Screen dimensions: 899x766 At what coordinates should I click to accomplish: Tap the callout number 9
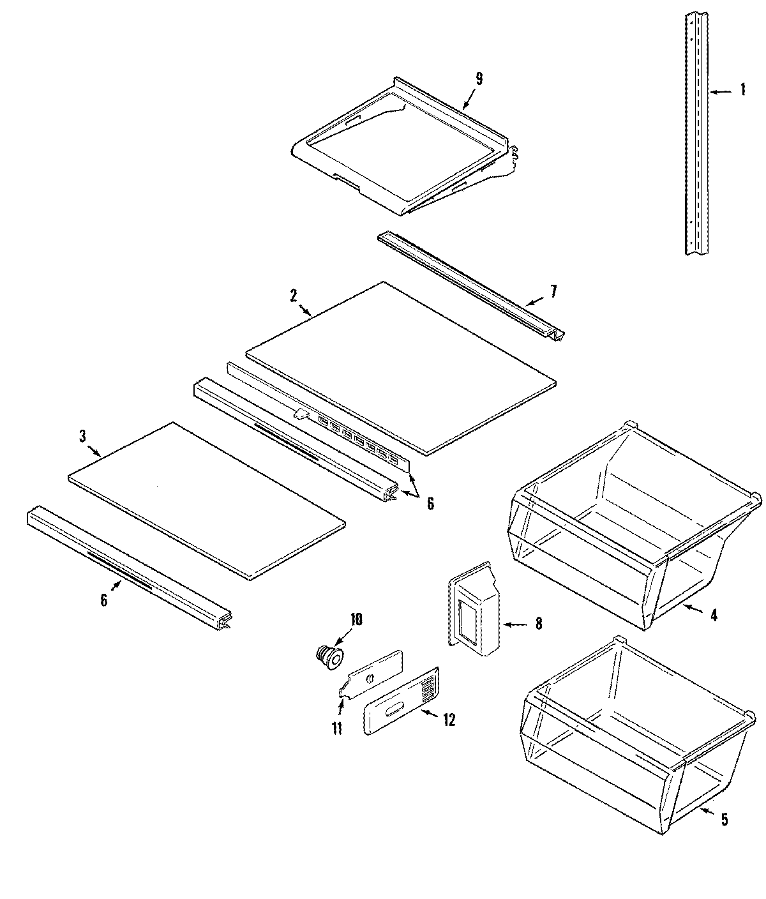[479, 79]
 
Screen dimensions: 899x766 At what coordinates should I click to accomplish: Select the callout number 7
[553, 292]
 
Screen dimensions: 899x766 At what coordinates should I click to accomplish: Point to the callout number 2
[293, 296]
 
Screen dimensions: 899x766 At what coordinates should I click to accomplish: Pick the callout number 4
[714, 616]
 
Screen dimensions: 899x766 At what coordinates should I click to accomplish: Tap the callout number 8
[538, 624]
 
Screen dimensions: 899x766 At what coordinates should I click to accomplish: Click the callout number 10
[356, 619]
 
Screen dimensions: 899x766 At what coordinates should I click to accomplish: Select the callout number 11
[336, 728]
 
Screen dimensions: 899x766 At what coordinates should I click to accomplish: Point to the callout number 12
[449, 720]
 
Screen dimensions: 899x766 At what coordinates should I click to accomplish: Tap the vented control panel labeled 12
[401, 701]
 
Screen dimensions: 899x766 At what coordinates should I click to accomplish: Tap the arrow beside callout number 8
[514, 624]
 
